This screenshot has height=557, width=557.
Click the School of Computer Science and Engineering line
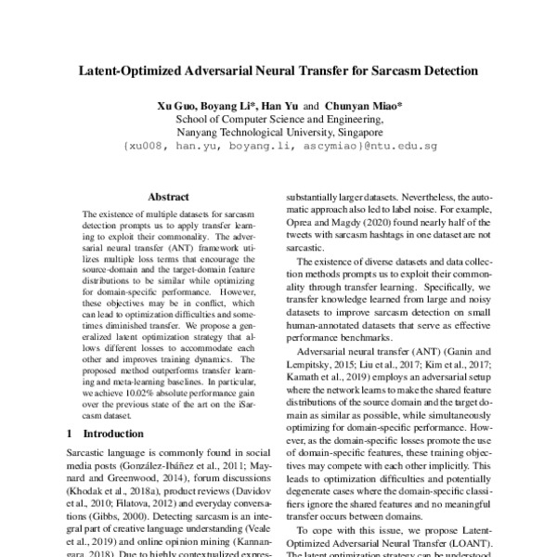coord(278,119)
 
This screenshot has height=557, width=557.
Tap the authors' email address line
coord(278,147)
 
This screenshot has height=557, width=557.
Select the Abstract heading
coord(168,197)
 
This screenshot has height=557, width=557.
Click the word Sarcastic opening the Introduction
coord(85,450)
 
